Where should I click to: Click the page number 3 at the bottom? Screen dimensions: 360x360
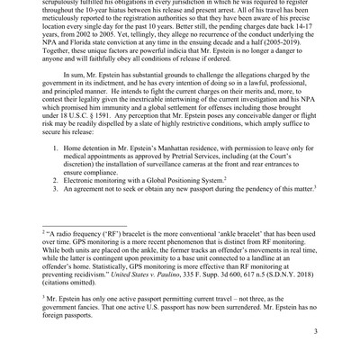[x=314, y=331]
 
